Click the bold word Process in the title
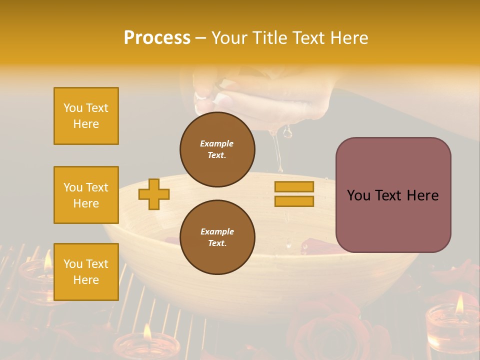click(x=157, y=38)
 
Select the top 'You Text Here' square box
click(x=86, y=116)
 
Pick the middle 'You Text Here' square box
click(x=86, y=195)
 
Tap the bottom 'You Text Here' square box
click(x=86, y=272)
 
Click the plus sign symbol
click(x=154, y=194)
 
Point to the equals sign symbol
click(x=294, y=194)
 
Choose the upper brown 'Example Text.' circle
click(x=217, y=149)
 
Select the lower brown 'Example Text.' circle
click(x=217, y=237)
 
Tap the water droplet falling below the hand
click(x=287, y=132)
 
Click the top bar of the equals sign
click(x=294, y=187)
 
